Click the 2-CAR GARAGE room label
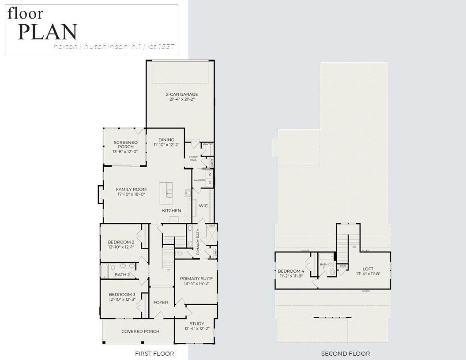click(x=182, y=94)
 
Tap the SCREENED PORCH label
click(x=126, y=142)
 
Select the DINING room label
click(x=166, y=140)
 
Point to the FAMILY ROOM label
click(x=131, y=189)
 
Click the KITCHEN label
click(x=171, y=210)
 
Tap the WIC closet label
click(x=203, y=206)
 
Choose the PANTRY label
click(x=208, y=144)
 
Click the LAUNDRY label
click(x=199, y=180)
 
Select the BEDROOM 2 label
click(x=121, y=242)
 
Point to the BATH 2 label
click(x=122, y=275)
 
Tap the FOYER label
click(x=161, y=302)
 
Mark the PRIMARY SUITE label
click(x=196, y=278)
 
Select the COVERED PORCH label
click(x=140, y=331)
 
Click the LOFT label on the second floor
click(x=368, y=269)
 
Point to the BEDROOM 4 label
click(x=290, y=271)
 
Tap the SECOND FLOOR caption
click(x=345, y=353)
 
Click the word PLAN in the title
click(x=48, y=32)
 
